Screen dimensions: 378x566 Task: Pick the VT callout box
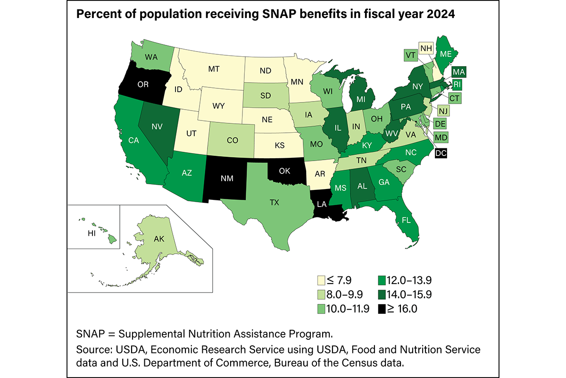point(410,55)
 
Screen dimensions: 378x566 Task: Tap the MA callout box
point(458,72)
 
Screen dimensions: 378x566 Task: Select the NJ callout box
point(442,111)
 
